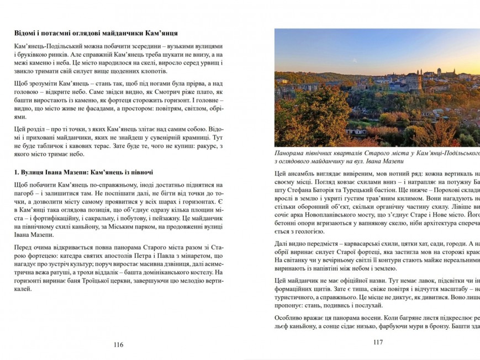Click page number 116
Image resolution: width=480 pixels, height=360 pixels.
tap(118, 345)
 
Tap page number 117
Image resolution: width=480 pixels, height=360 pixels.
tap(378, 342)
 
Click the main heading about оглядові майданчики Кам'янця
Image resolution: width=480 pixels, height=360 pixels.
tap(96, 34)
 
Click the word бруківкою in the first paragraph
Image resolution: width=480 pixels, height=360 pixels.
tap(35, 56)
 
